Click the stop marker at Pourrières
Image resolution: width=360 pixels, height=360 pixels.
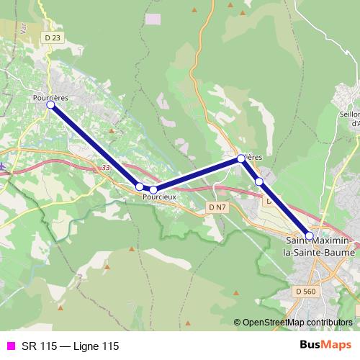pyautogui.click(x=51, y=104)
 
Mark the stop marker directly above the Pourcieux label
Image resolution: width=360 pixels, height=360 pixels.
pyautogui.click(x=153, y=189)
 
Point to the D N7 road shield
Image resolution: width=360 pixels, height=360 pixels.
pyautogui.click(x=217, y=207)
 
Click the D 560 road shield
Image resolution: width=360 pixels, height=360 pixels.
pyautogui.click(x=305, y=291)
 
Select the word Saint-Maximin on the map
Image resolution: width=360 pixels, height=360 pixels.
pyautogui.click(x=318, y=241)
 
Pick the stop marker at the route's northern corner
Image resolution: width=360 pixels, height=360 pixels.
pyautogui.click(x=241, y=158)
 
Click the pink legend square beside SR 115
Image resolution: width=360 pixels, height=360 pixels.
pyautogui.click(x=10, y=346)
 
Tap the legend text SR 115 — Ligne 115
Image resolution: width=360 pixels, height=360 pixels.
pyautogui.click(x=70, y=346)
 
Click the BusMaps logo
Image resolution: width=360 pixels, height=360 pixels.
pyautogui.click(x=325, y=346)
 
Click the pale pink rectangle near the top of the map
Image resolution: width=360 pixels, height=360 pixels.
pyautogui.click(x=153, y=17)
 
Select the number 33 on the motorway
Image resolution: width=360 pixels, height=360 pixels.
pyautogui.click(x=106, y=168)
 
